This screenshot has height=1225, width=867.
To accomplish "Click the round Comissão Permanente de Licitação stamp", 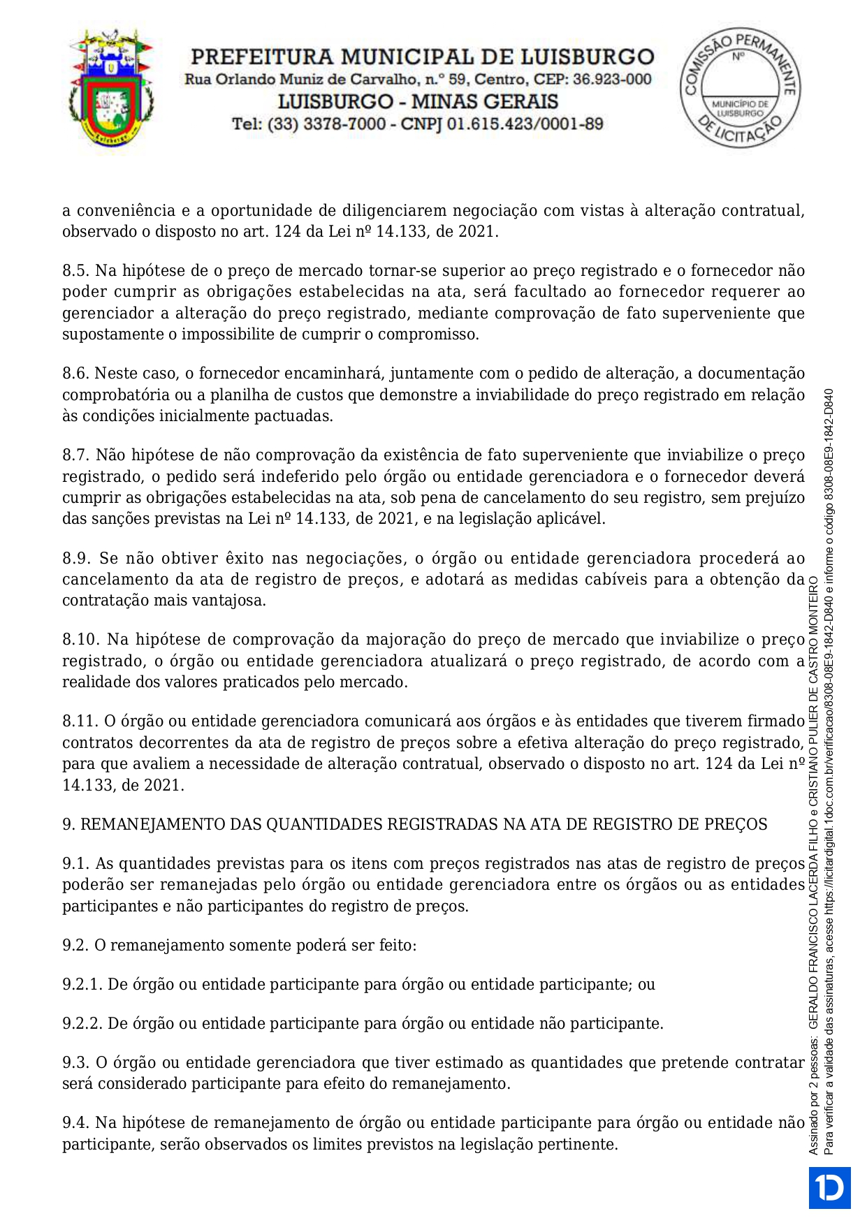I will (x=741, y=87).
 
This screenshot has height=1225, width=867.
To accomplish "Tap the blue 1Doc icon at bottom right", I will (x=830, y=1187).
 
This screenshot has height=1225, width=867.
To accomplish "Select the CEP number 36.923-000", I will (x=612, y=80).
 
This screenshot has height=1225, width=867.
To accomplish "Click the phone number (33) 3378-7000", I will (x=326, y=124).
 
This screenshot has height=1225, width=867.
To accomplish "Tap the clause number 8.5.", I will (x=75, y=271).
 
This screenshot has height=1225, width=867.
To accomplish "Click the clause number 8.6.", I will (x=75, y=374).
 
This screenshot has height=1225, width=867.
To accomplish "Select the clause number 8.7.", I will (x=75, y=455).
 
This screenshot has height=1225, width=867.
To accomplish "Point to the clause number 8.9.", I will (x=75, y=559).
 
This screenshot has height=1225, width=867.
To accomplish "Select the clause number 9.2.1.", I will (x=82, y=985).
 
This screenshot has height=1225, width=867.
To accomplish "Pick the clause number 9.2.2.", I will (x=82, y=1024).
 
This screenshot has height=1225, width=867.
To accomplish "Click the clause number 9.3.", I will (x=75, y=1063).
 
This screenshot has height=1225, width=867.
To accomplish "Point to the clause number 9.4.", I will (x=75, y=1123).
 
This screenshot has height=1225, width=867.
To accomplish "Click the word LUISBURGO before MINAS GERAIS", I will (x=335, y=102).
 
